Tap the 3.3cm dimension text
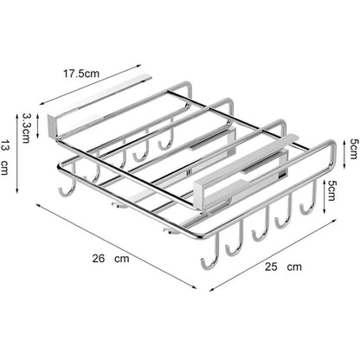[x=27, y=127]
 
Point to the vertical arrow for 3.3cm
[x=39, y=127]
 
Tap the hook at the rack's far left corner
[x=63, y=190]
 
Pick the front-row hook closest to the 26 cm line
[x=208, y=260]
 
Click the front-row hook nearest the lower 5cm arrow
[x=305, y=208]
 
